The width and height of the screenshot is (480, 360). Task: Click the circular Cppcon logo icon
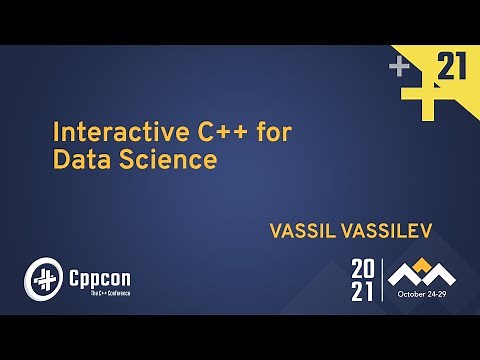[43, 278]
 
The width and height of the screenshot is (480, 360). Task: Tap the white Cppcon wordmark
[99, 273]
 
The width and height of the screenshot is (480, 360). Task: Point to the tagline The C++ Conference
[99, 293]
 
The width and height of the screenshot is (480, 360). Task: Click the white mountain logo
[421, 273]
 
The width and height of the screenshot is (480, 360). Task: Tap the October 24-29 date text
[422, 294]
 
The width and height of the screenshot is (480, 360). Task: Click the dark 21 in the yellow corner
[452, 68]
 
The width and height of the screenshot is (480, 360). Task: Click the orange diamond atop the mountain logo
[422, 265]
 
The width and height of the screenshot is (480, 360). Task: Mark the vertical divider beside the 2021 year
[382, 280]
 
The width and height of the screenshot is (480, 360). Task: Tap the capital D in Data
[60, 160]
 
